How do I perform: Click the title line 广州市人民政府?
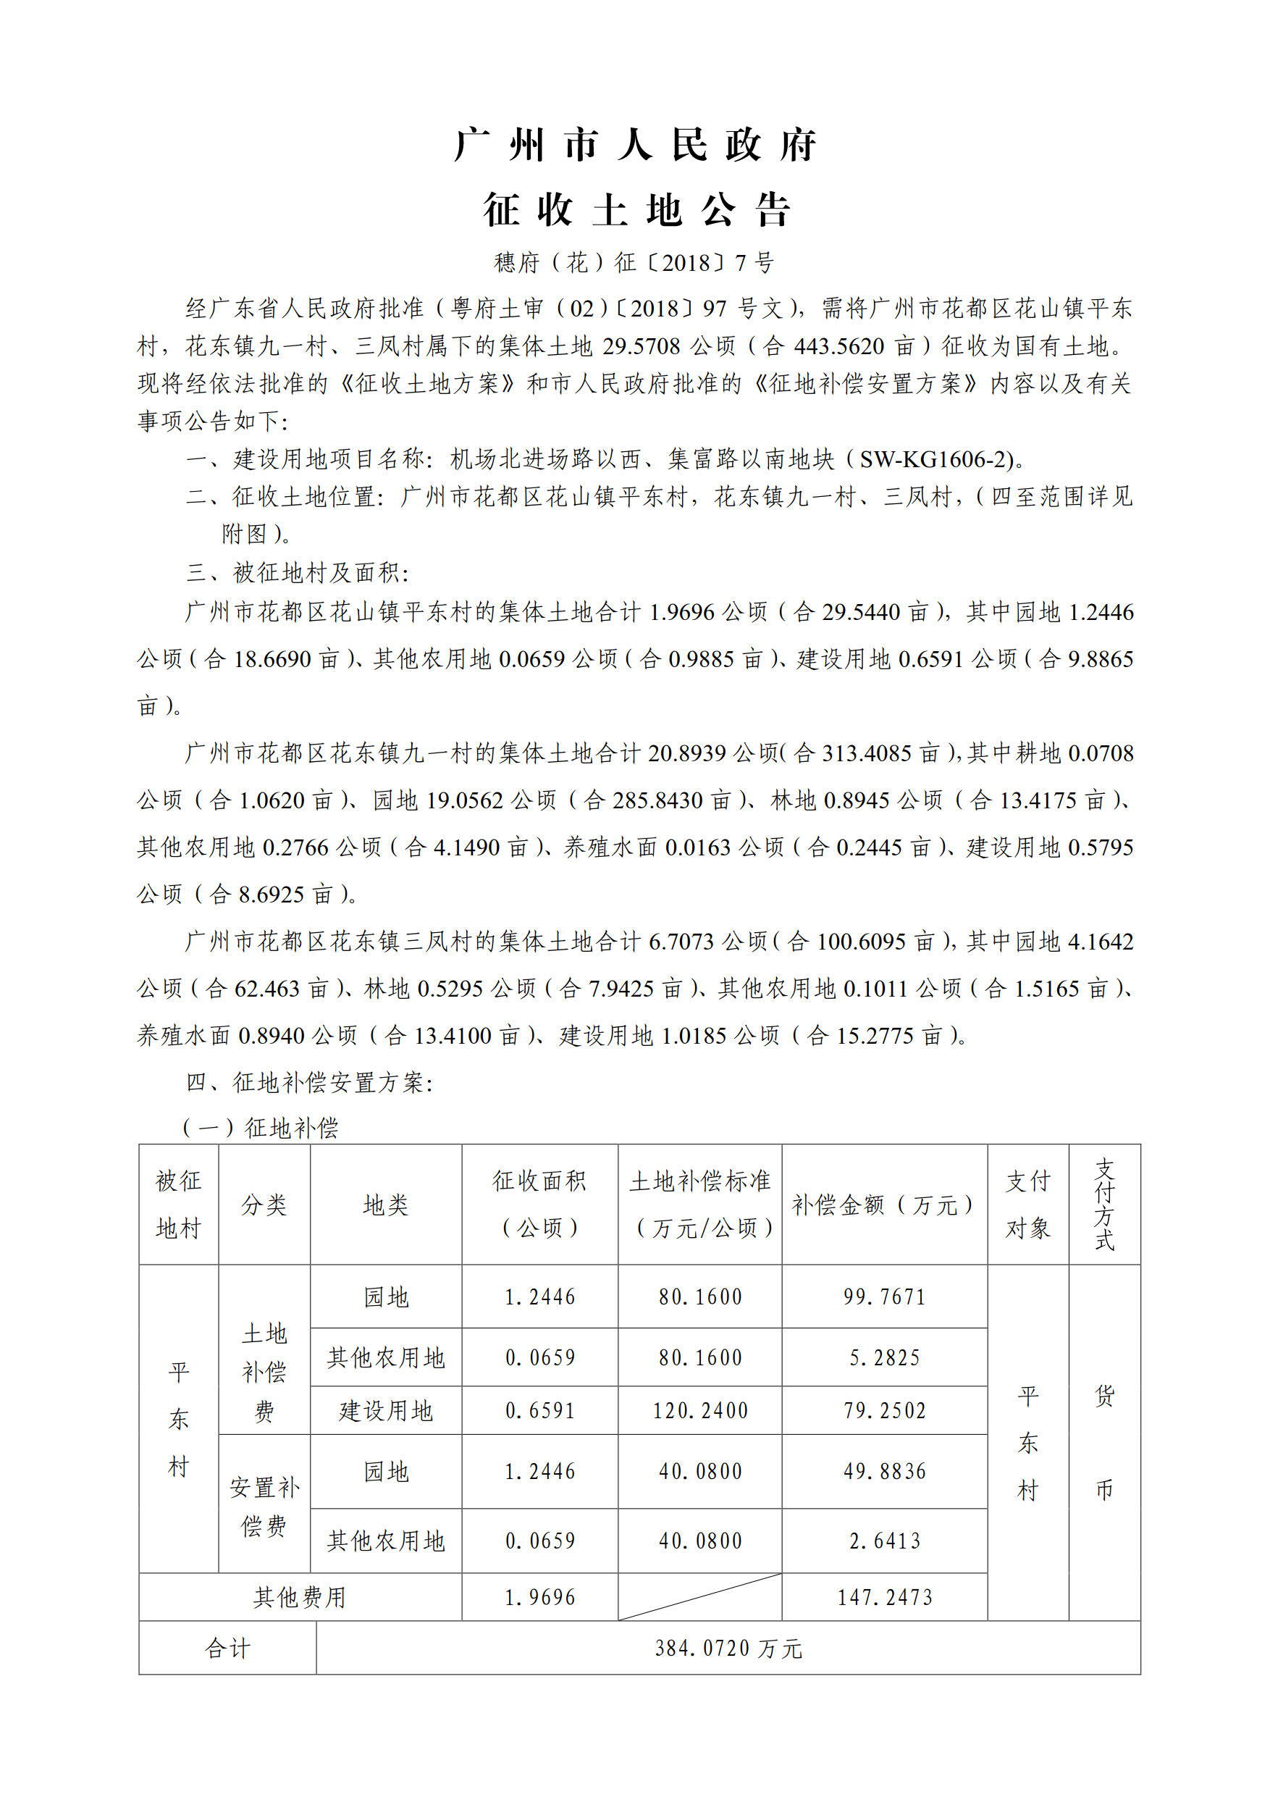[x=634, y=146]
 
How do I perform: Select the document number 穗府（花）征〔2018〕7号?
[x=634, y=263]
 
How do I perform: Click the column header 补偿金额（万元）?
[x=883, y=1205]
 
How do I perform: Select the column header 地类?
[x=386, y=1205]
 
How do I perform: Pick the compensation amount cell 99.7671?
[x=884, y=1298]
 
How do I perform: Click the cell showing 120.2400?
[x=699, y=1411]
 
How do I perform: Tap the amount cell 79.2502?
[x=884, y=1411]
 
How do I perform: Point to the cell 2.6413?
[x=884, y=1541]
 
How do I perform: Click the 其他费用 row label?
[x=300, y=1597]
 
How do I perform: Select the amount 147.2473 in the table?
[x=884, y=1597]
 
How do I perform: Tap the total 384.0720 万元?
[x=728, y=1649]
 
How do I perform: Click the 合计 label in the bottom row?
[x=227, y=1649]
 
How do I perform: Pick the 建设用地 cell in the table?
[x=386, y=1411]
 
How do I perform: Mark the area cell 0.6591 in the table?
[x=540, y=1411]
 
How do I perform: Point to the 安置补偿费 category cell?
[x=264, y=1507]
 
